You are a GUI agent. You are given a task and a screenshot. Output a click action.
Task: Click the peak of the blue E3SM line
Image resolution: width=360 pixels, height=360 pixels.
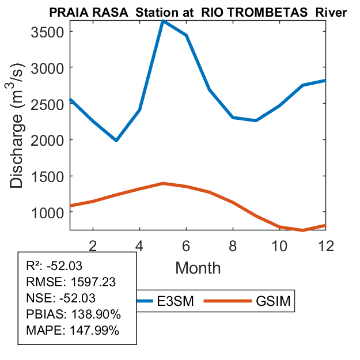click(x=163, y=21)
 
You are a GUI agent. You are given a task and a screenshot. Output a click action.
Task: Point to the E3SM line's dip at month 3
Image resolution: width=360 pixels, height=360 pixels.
click(x=116, y=140)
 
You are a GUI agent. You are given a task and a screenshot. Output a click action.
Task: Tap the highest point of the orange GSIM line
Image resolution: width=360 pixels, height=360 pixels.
click(x=163, y=183)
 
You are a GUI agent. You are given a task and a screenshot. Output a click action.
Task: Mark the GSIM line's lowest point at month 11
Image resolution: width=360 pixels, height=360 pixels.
click(x=302, y=230)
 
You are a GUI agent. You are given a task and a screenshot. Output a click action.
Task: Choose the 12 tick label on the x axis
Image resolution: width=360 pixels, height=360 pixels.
click(x=325, y=245)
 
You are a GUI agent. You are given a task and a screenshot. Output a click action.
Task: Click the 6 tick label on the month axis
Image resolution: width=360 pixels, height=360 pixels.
click(x=186, y=245)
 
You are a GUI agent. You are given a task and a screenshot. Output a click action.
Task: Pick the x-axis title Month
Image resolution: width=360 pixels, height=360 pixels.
click(x=198, y=267)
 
